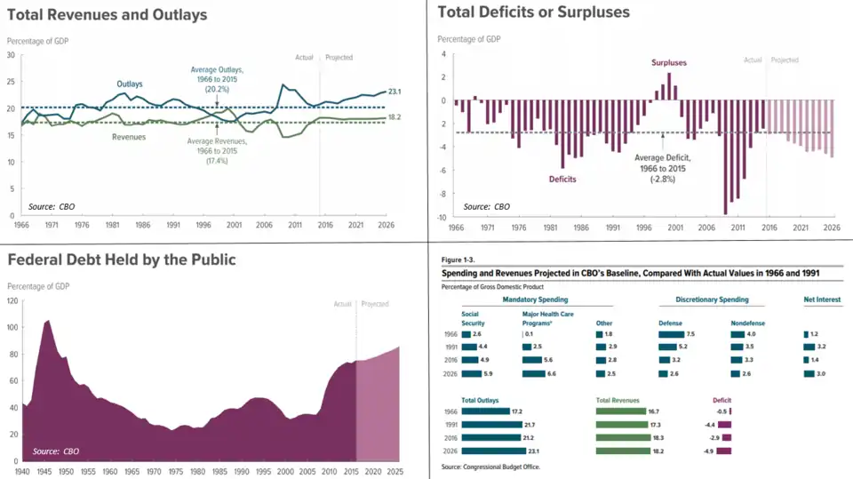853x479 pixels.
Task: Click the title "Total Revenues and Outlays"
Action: [x=107, y=14]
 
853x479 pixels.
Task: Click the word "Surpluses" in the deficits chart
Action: [x=669, y=63]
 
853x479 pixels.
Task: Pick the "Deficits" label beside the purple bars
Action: [x=562, y=179]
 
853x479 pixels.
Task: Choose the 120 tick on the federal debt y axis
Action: [x=12, y=301]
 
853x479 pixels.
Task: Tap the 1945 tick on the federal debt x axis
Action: [x=47, y=470]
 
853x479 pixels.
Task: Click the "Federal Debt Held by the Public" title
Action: [x=121, y=259]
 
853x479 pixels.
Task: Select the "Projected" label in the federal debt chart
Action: [x=375, y=304]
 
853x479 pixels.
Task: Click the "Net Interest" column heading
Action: [x=821, y=300]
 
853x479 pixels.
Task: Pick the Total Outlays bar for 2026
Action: [x=491, y=451]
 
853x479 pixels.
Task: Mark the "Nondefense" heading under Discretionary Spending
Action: [x=747, y=323]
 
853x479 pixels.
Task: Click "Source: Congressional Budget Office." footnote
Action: [x=490, y=467]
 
